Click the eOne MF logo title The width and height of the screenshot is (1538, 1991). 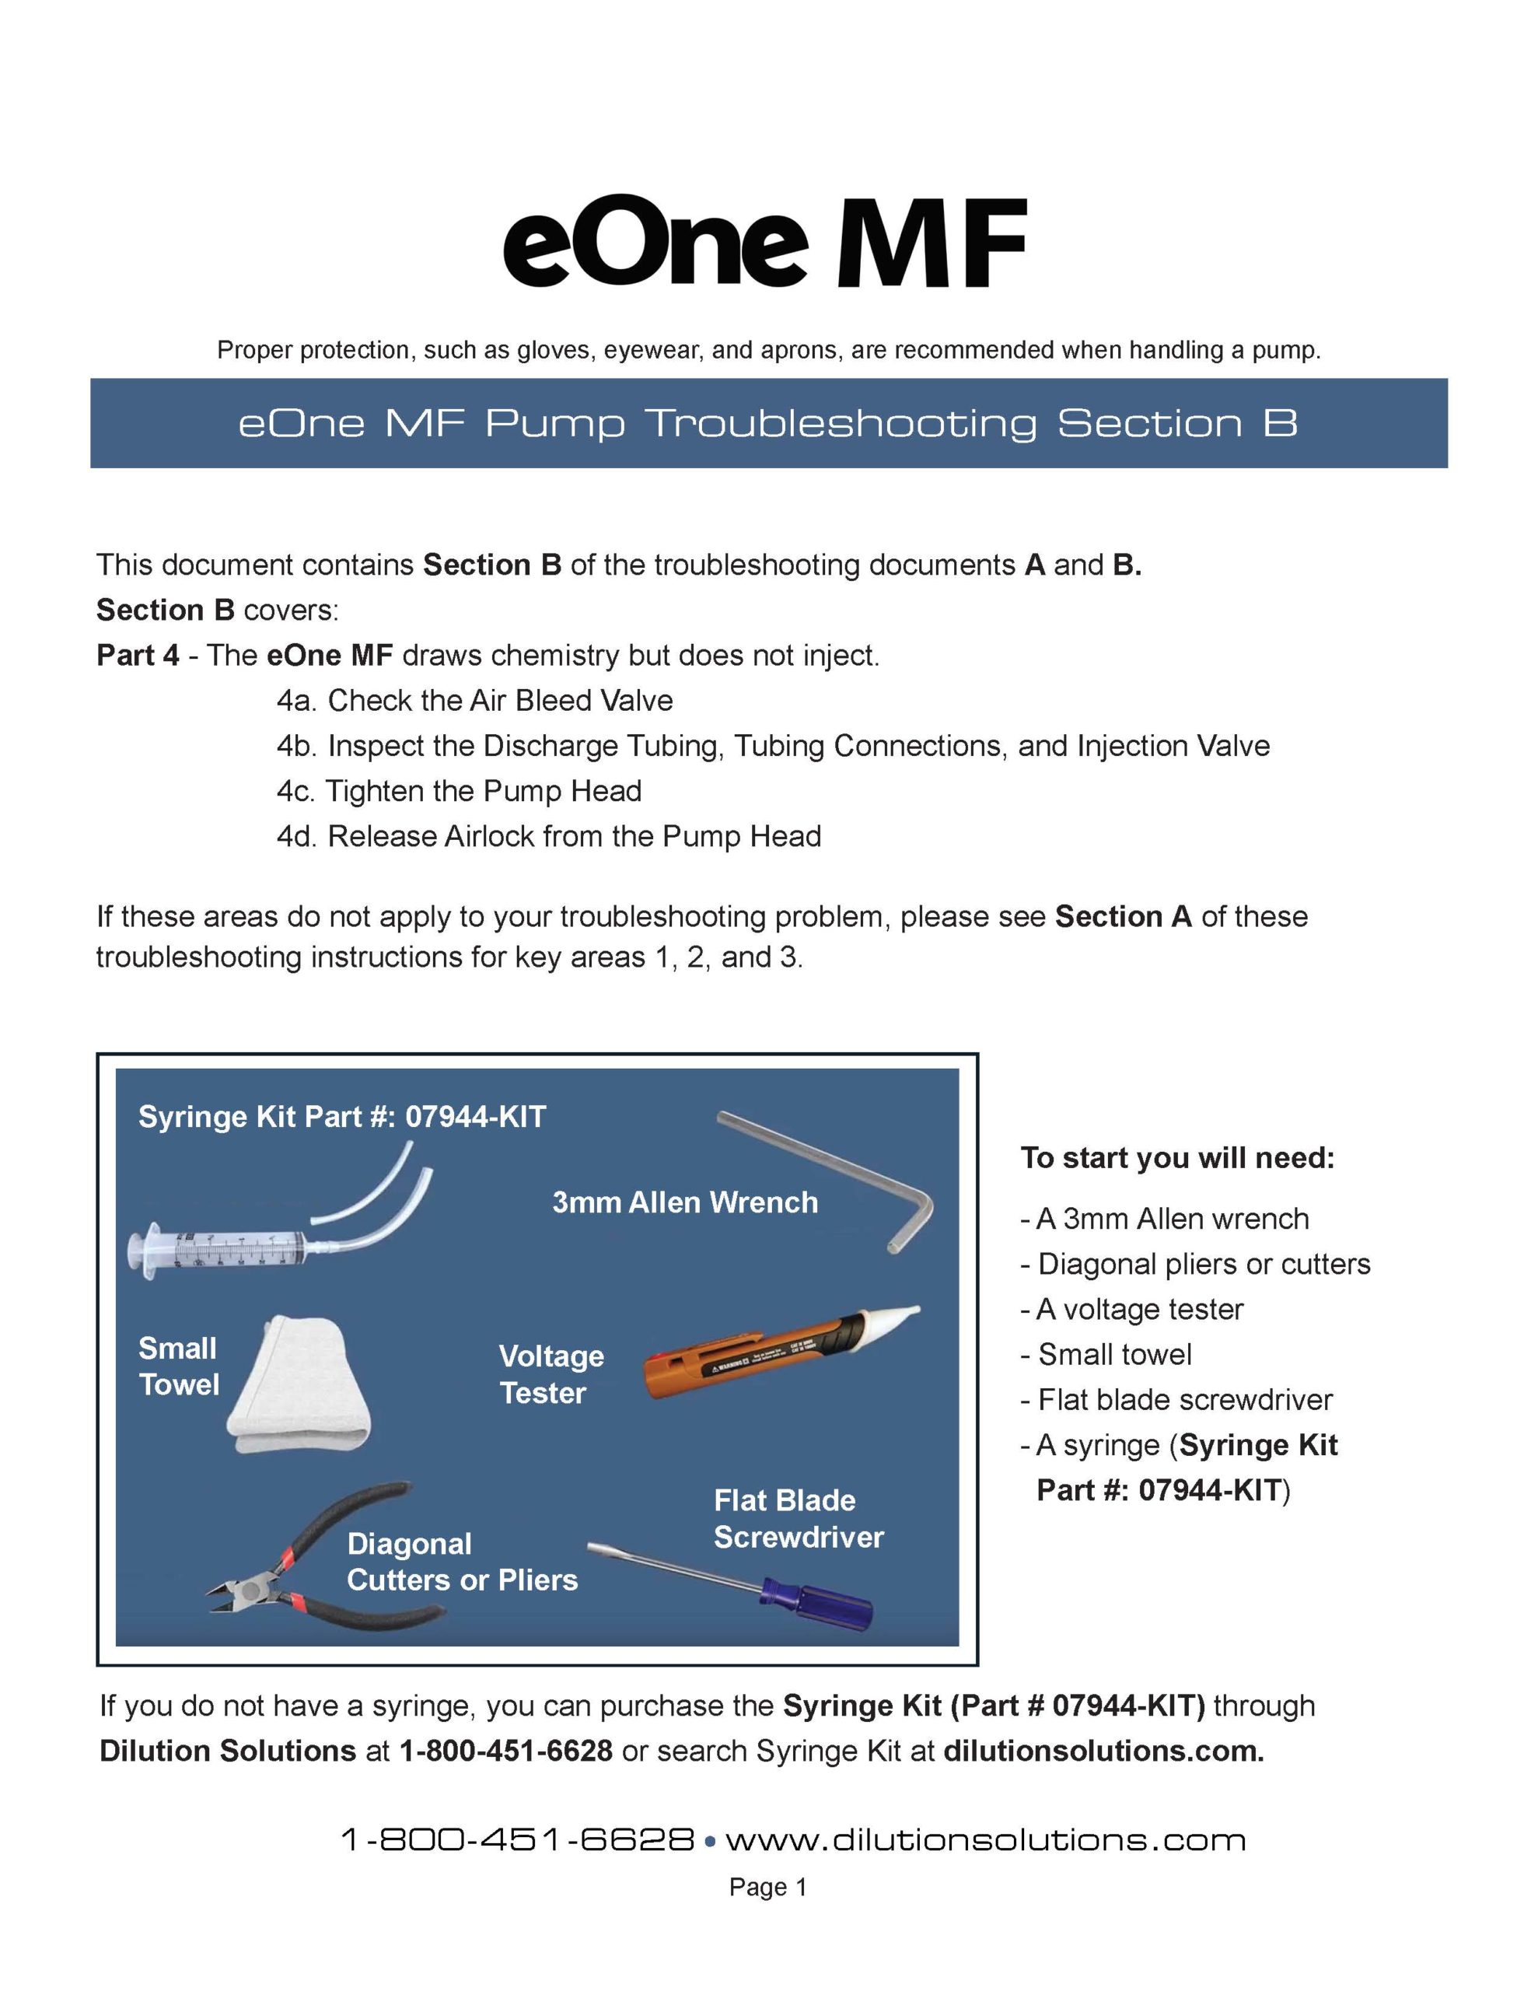tap(764, 242)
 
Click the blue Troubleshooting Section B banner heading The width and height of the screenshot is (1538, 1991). tap(767, 424)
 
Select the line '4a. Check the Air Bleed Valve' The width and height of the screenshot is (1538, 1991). tap(474, 700)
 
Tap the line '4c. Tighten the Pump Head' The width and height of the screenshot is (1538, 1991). tap(459, 790)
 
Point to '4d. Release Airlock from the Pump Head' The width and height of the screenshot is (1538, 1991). tap(548, 836)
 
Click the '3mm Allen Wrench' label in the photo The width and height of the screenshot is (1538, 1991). tap(685, 1202)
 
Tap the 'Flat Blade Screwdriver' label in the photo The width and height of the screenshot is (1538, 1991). tap(798, 1520)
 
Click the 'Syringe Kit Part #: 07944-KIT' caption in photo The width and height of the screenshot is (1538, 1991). tap(342, 1117)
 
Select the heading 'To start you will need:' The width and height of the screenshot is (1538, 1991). tap(1177, 1158)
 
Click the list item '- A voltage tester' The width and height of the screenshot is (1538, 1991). tap(1131, 1309)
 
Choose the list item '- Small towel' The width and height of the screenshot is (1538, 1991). tap(1106, 1355)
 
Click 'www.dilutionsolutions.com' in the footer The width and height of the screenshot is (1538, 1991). tap(984, 1839)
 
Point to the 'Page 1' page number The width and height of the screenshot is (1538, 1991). tap(767, 1887)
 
